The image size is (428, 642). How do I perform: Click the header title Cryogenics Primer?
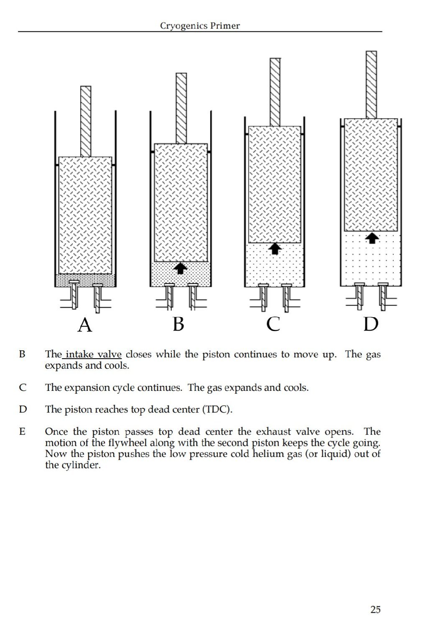[200, 26]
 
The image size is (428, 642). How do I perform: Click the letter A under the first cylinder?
[85, 325]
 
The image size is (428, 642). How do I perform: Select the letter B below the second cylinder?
[178, 324]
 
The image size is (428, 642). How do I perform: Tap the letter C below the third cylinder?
[273, 324]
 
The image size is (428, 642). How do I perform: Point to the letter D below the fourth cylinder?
[371, 324]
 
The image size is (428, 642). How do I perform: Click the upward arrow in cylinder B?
[180, 268]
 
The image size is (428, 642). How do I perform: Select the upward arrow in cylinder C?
[275, 249]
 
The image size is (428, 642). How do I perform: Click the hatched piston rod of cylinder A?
[86, 121]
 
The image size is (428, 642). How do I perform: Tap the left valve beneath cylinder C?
[263, 296]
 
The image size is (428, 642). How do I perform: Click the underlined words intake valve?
[93, 355]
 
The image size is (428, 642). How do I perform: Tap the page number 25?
[375, 609]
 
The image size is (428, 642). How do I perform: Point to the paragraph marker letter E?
[22, 431]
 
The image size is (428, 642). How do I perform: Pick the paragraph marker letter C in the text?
[23, 388]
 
